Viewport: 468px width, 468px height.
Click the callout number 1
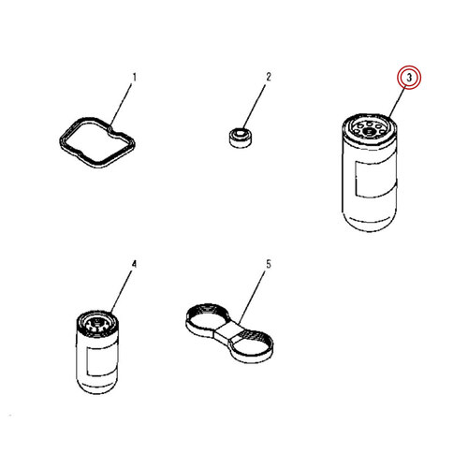coord(135,77)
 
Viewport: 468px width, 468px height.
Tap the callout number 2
coord(269,77)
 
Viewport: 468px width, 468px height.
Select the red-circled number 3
coord(409,77)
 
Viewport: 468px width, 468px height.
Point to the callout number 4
coord(134,264)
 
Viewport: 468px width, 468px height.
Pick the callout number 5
coord(269,264)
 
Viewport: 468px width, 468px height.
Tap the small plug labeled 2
coord(241,137)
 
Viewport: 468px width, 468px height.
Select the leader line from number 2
coord(255,107)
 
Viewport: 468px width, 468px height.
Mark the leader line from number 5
coord(252,296)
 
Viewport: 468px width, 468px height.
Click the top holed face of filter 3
coord(369,128)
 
